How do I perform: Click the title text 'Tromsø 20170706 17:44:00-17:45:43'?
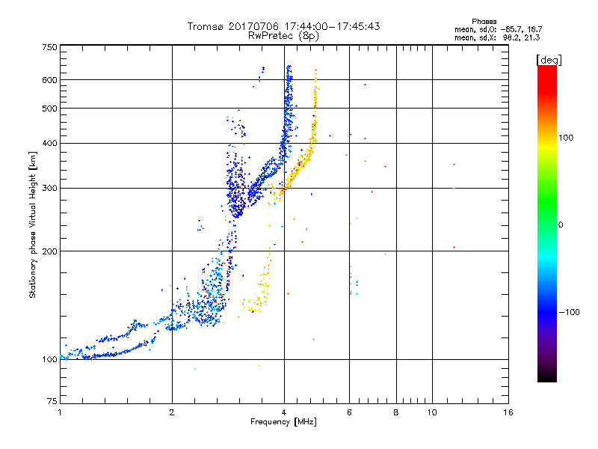pos(283,26)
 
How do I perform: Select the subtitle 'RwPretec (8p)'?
pos(283,35)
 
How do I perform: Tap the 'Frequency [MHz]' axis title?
pos(283,423)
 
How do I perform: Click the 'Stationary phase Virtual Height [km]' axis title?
pos(33,224)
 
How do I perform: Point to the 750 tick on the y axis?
pos(49,47)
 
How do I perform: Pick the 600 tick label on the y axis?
pos(49,80)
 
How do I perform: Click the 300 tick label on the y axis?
pos(49,188)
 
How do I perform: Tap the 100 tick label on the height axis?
pos(49,360)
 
